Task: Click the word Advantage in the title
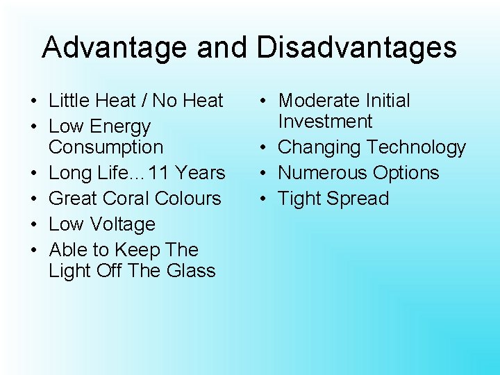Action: click(115, 47)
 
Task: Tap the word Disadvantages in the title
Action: click(356, 47)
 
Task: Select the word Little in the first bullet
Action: click(67, 101)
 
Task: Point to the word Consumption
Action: click(106, 147)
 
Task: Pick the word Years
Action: click(202, 173)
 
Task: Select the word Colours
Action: click(188, 199)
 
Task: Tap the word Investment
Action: click(325, 122)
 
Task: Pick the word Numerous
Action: click(320, 173)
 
